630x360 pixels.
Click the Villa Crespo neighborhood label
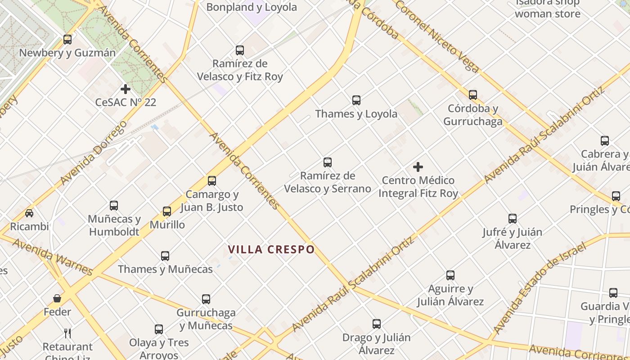click(x=271, y=249)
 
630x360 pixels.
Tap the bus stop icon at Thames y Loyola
click(x=356, y=100)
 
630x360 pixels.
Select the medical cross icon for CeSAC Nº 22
click(x=126, y=89)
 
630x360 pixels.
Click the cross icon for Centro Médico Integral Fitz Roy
click(x=418, y=167)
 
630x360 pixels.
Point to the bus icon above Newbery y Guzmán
click(x=67, y=40)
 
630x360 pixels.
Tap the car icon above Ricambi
click(x=29, y=213)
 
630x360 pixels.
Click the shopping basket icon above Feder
click(x=57, y=298)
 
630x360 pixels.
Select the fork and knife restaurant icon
click(x=67, y=333)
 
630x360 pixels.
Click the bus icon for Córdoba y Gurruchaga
click(x=473, y=95)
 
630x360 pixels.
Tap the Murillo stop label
click(x=167, y=225)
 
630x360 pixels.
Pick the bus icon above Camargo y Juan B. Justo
click(x=212, y=181)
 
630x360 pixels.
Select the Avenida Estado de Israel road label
click(x=540, y=288)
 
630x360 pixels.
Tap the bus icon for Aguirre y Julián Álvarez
click(x=450, y=275)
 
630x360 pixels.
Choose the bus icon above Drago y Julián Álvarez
click(x=377, y=324)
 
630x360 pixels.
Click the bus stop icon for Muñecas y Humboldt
click(x=114, y=206)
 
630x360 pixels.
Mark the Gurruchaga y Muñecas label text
click(x=206, y=319)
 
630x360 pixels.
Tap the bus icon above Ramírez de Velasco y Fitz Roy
click(x=240, y=50)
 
